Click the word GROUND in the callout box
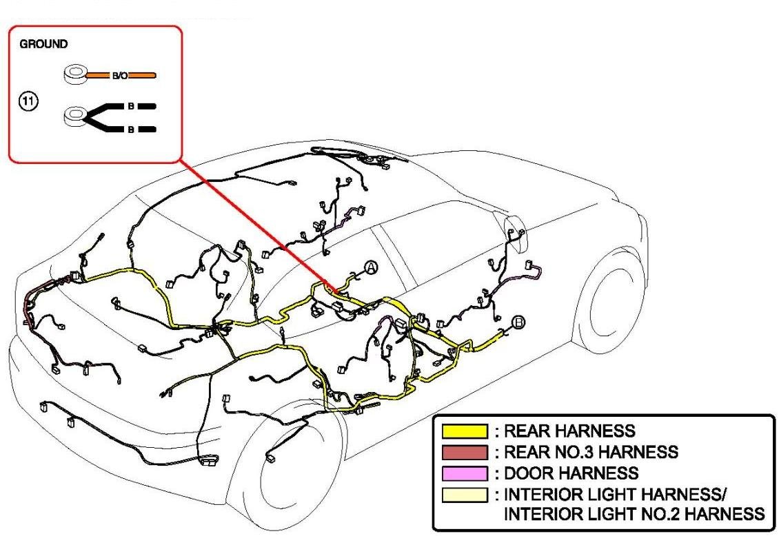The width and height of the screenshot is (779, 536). [43, 44]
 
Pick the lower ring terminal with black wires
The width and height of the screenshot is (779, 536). [73, 117]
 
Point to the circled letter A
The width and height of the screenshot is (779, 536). [371, 268]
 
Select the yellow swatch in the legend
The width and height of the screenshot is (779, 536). [465, 432]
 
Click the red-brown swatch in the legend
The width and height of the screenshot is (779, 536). [465, 453]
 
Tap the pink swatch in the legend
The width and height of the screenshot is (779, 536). [465, 473]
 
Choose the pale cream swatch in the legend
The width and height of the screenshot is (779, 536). [465, 494]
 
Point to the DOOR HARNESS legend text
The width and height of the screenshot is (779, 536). [571, 473]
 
